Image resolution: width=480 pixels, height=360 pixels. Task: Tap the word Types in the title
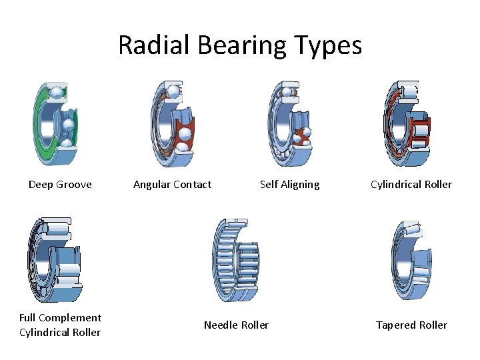coord(331,45)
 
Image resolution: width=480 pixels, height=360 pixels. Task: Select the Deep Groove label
coord(60,185)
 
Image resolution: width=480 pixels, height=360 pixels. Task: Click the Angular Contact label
coord(172,185)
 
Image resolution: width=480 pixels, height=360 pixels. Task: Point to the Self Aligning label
coord(289,185)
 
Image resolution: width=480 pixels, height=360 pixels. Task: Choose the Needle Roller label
coord(236,325)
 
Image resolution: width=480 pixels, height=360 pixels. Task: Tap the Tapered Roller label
coord(411,325)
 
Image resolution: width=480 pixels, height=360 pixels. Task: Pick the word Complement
coord(71,318)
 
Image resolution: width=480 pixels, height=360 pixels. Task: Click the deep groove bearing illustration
coord(56,124)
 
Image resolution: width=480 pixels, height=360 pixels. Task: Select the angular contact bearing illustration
coord(170,125)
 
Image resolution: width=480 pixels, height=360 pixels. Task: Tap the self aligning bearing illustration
coord(289,125)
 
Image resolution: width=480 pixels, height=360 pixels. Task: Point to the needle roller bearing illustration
coord(235,260)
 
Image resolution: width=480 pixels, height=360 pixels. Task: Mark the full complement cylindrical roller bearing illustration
coord(55,260)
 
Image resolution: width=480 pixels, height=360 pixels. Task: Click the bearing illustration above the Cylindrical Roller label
coord(407,125)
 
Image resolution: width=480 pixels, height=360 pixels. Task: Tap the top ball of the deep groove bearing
coord(57,91)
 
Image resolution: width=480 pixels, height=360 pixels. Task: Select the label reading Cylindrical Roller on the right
coord(411,185)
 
